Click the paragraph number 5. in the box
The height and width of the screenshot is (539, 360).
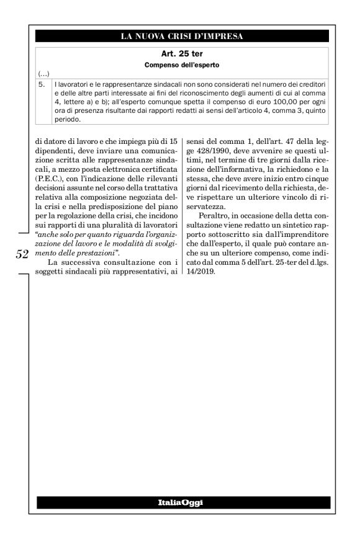[42, 82]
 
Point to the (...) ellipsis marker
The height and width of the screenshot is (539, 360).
[43, 73]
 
